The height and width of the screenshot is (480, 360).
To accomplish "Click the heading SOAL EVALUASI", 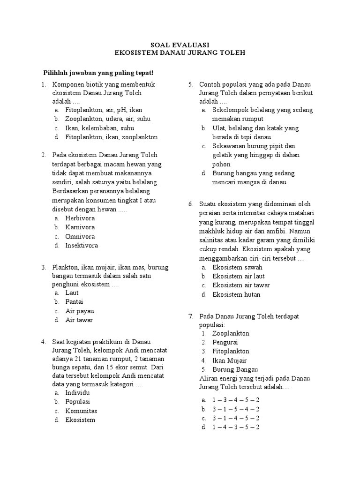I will (180, 45).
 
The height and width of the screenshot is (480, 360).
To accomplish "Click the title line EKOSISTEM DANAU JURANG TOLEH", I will (180, 53).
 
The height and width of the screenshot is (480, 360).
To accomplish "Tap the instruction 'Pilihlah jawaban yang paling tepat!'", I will (98, 73).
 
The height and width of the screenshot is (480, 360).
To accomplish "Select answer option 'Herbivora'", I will (80, 218).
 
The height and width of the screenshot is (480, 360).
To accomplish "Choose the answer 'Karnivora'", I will (80, 227).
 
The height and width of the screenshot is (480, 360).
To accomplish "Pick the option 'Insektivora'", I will (82, 246).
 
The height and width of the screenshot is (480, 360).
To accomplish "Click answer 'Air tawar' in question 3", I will (79, 320).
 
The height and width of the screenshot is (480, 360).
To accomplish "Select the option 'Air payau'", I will (79, 311).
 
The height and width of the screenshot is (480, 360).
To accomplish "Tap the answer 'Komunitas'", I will (81, 411).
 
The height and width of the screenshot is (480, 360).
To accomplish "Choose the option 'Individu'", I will (77, 392).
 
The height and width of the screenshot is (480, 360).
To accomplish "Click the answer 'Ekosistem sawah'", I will (237, 267).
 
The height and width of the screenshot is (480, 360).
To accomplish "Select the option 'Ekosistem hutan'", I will (236, 295).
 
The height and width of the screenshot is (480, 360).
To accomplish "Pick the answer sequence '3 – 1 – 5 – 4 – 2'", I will (236, 409).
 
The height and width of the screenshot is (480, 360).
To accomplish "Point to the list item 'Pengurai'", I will (225, 343).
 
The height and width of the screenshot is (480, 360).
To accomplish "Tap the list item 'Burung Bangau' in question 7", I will (235, 369).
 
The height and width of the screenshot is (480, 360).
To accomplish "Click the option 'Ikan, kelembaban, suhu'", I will (100, 128).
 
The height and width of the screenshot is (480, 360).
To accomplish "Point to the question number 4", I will (43, 342).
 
